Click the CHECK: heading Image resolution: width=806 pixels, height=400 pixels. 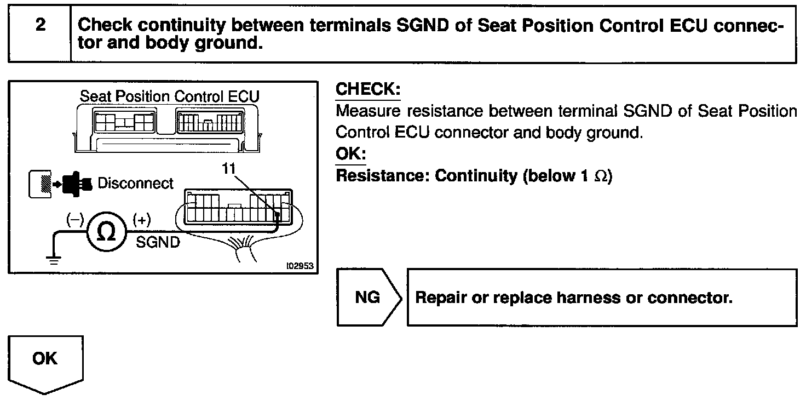pyautogui.click(x=367, y=90)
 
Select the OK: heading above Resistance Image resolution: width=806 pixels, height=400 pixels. pyautogui.click(x=350, y=153)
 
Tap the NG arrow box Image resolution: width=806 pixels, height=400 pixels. pyautogui.click(x=368, y=298)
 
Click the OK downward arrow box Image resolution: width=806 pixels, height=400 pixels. pyautogui.click(x=45, y=362)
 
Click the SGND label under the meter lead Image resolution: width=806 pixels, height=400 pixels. pyautogui.click(x=158, y=242)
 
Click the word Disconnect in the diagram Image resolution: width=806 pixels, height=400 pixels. pyautogui.click(x=135, y=184)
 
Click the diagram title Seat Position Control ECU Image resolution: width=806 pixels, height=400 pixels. pyautogui.click(x=170, y=96)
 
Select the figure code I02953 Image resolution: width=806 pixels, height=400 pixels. pyautogui.click(x=300, y=265)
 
